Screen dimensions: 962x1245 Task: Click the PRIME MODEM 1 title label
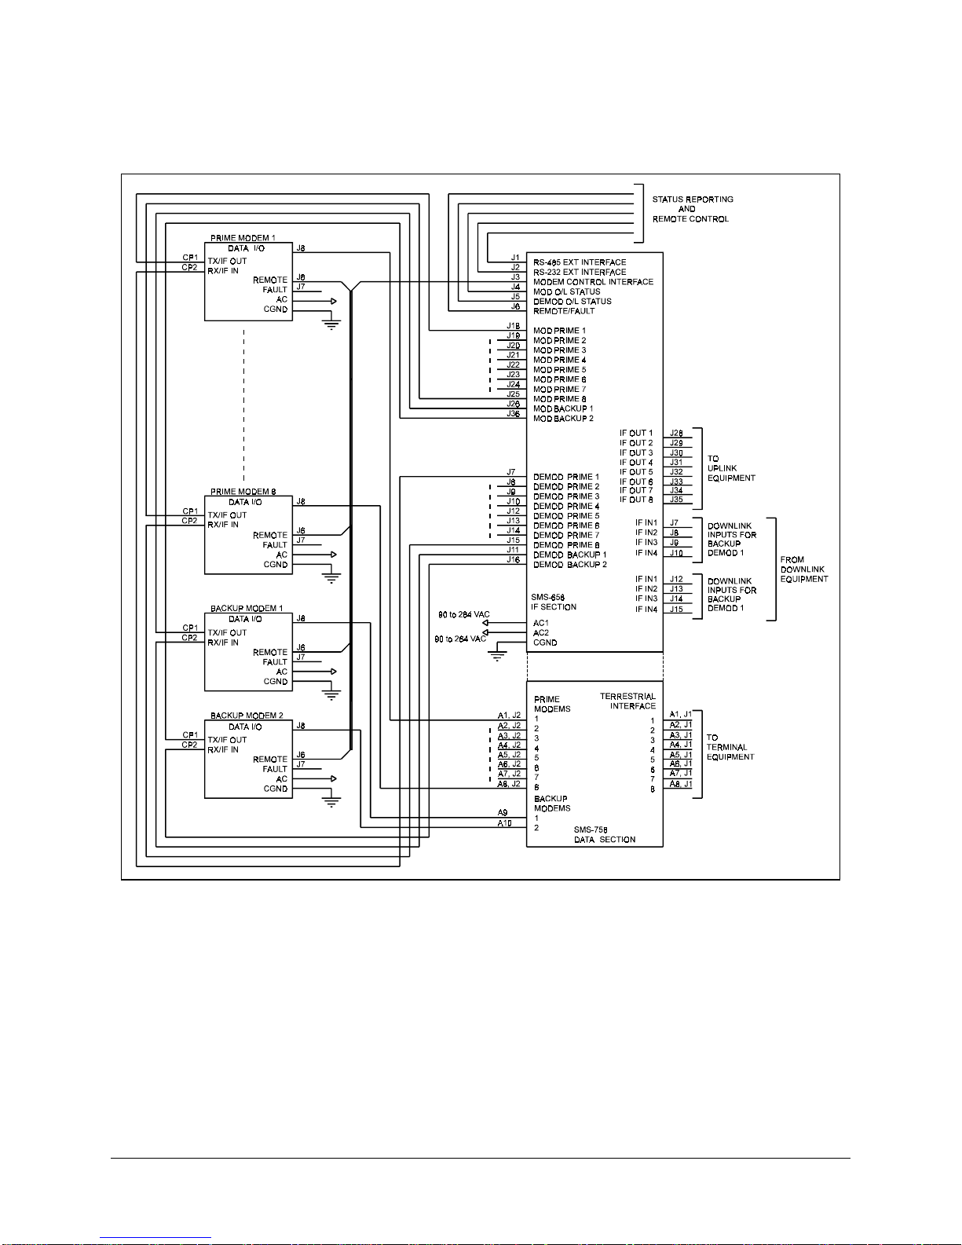click(x=243, y=238)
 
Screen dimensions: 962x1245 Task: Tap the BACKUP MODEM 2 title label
click(x=247, y=716)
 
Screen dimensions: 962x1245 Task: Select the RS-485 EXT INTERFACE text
click(x=580, y=262)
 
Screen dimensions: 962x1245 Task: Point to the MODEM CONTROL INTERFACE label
click(x=593, y=282)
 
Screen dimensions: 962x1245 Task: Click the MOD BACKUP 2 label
click(x=564, y=419)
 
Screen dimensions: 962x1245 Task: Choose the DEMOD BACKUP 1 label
click(x=570, y=555)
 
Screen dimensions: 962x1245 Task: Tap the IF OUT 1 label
click(x=635, y=433)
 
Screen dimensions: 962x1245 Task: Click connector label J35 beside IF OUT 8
click(x=676, y=499)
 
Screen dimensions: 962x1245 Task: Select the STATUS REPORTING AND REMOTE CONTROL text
click(x=693, y=209)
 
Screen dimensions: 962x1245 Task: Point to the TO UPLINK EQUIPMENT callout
click(x=730, y=468)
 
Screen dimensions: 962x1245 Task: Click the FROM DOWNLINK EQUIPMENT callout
click(x=804, y=569)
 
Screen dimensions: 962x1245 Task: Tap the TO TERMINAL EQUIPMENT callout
click(x=730, y=747)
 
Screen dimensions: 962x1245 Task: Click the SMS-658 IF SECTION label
click(x=553, y=602)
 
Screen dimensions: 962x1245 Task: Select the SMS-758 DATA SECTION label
click(x=605, y=835)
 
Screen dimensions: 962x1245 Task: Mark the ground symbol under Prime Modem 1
click(x=331, y=325)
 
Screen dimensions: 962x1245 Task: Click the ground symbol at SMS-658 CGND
click(x=497, y=657)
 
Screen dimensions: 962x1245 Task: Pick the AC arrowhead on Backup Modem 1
click(x=333, y=672)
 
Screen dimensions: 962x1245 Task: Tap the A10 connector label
click(x=504, y=823)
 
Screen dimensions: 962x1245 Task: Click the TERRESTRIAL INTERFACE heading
click(x=628, y=701)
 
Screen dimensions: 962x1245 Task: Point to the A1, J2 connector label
click(x=509, y=716)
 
